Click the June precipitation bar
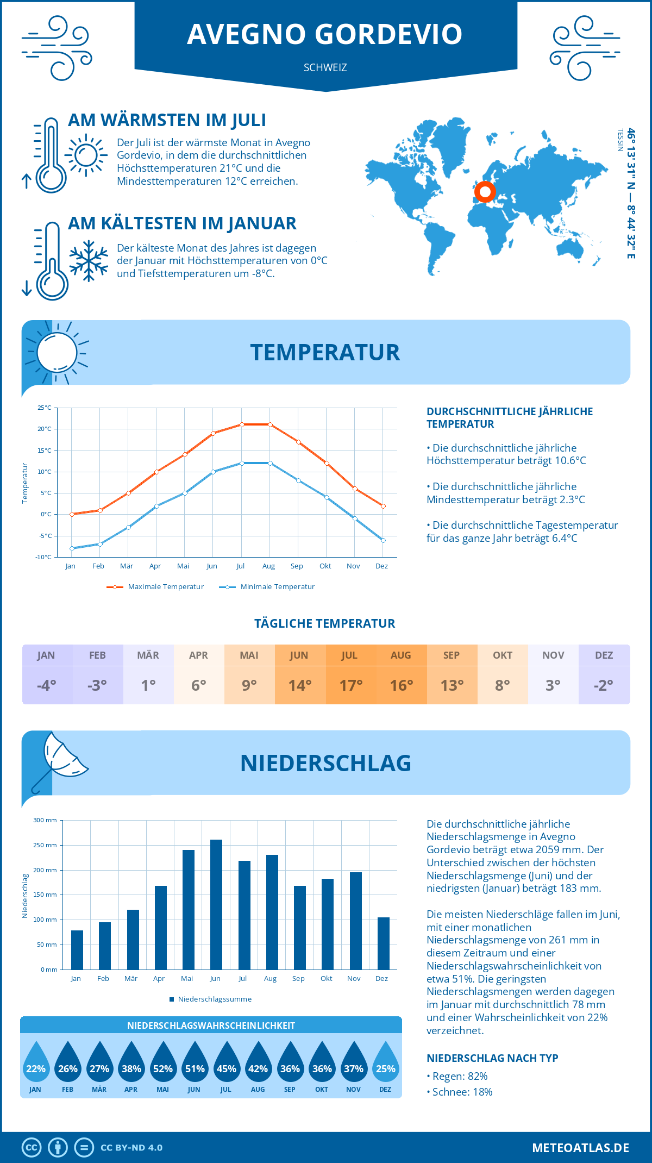click(x=216, y=904)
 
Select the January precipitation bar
click(x=77, y=949)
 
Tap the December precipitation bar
click(x=384, y=943)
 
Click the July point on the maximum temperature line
click(x=242, y=424)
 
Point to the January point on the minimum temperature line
click(x=72, y=548)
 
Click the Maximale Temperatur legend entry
click(x=155, y=587)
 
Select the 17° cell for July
click(x=350, y=685)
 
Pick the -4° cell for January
click(x=47, y=685)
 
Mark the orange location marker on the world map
click(x=485, y=191)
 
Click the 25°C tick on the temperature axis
click(x=45, y=408)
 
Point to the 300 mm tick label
click(x=45, y=820)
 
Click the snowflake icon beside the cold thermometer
click(x=89, y=261)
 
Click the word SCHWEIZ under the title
click(x=325, y=68)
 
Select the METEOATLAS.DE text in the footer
click(x=580, y=1148)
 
